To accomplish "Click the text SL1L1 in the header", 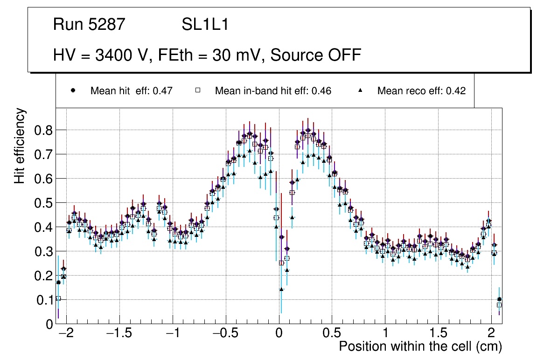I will click(205, 25).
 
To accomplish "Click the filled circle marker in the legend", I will click(73, 90).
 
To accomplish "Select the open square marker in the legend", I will click(197, 90).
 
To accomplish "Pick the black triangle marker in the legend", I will click(360, 90).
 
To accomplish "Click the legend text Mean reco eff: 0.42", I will click(421, 91).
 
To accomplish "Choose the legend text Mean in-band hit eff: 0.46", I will click(273, 91).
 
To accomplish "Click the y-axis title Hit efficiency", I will click(20, 146).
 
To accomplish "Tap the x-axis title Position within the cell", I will click(420, 347).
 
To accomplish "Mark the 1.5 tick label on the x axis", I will click(438, 334).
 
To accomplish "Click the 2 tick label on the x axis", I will click(491, 334).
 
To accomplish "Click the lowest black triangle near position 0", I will click(281, 289).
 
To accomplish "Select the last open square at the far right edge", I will click(499, 305).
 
